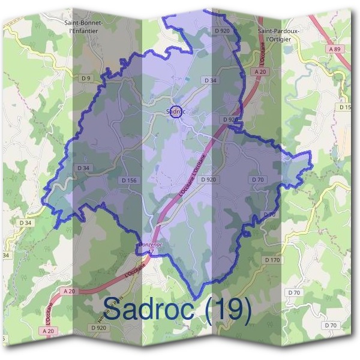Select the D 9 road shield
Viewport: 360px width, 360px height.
(x=86, y=78)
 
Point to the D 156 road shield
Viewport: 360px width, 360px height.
(x=129, y=180)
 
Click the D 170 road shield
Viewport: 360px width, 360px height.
(x=272, y=260)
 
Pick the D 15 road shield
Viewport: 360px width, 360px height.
(x=345, y=107)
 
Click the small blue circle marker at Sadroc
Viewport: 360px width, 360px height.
(x=175, y=112)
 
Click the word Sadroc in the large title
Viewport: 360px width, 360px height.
(x=148, y=309)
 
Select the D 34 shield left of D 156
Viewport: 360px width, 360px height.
(x=83, y=168)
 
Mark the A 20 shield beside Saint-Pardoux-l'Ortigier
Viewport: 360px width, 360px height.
(x=260, y=71)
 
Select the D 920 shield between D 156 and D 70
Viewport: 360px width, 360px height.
(x=208, y=179)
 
